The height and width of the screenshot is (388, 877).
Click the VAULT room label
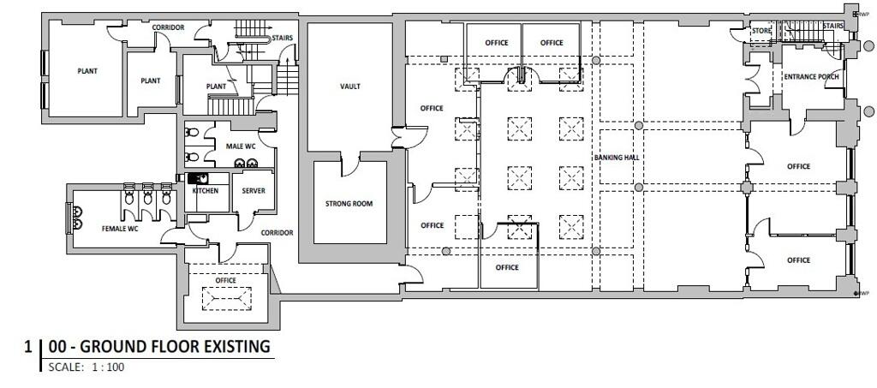[x=350, y=87]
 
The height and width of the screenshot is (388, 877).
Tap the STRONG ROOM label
[x=349, y=204]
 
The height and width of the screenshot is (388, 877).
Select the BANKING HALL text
[x=617, y=158]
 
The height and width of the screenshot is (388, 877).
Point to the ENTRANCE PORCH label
[x=811, y=76]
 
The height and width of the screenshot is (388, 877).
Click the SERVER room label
[x=254, y=191]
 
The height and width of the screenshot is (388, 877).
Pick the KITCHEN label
[x=206, y=191]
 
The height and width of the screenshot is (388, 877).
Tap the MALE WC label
[x=241, y=146]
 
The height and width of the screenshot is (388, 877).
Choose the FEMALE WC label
[x=120, y=229]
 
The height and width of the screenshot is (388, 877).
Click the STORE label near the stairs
[x=761, y=31]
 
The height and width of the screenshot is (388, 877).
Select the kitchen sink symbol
[x=198, y=178]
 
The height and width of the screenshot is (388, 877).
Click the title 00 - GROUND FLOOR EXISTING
[x=159, y=347]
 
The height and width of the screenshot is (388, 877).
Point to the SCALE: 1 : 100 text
[x=87, y=367]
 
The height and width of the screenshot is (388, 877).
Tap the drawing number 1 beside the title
[x=28, y=347]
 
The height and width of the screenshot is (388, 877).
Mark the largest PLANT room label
[x=87, y=71]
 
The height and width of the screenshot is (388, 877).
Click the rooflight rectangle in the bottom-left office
[x=226, y=299]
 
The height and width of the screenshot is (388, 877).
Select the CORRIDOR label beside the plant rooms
[x=168, y=27]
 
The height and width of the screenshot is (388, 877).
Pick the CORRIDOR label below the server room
[x=277, y=233]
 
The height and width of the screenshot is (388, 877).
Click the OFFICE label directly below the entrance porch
[x=798, y=166]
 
